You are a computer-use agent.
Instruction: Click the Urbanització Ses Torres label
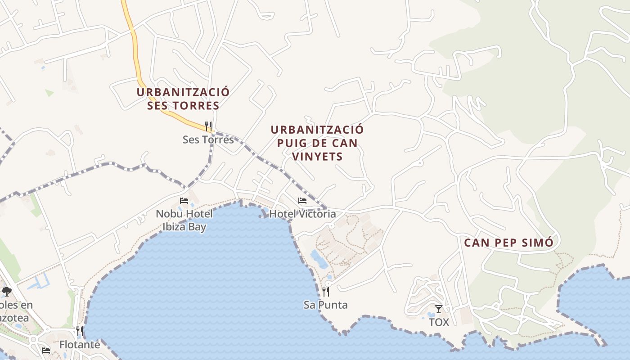pos(183,99)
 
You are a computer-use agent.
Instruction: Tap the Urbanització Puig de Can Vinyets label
pos(317,143)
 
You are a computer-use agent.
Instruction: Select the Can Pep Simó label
pos(508,243)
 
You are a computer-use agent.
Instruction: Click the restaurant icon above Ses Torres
pos(208,126)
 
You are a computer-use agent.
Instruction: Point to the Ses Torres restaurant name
pos(208,139)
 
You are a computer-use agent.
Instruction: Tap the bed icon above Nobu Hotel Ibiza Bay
pos(184,201)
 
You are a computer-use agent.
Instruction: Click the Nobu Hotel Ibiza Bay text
pos(184,220)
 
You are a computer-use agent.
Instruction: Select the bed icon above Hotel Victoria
pos(302,201)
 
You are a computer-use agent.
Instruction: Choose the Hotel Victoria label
pos(302,214)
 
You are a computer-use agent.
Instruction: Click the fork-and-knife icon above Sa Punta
pos(325,292)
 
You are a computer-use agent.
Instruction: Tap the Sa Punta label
pos(325,305)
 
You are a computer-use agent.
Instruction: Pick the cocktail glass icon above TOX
pos(439,309)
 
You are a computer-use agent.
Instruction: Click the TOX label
pos(439,322)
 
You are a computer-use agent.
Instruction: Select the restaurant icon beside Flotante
pos(80,331)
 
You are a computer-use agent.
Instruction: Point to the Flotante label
pos(80,345)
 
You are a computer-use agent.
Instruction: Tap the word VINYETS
pos(317,157)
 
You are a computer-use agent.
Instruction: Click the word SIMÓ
pos(537,243)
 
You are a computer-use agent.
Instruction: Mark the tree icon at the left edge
pos(6,292)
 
